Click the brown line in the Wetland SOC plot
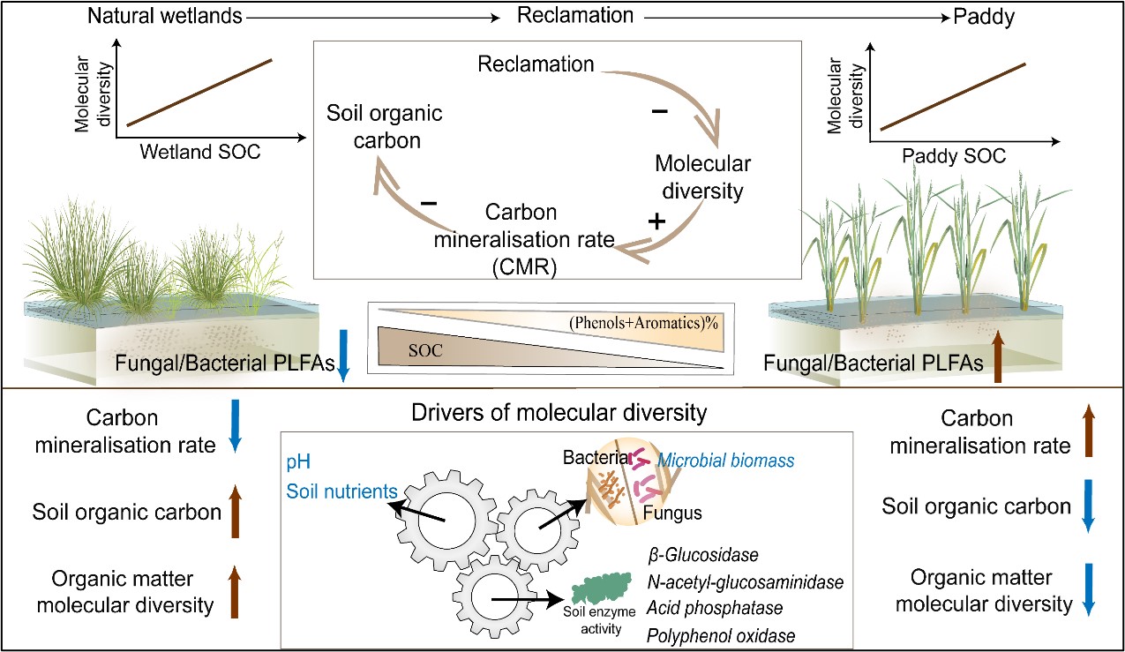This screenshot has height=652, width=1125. [200, 92]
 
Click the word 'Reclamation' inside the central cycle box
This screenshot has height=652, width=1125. [535, 64]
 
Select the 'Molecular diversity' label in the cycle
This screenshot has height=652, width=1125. [702, 177]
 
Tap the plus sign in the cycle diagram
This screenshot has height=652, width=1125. [656, 221]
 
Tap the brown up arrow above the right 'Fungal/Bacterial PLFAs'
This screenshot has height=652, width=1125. [997, 356]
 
